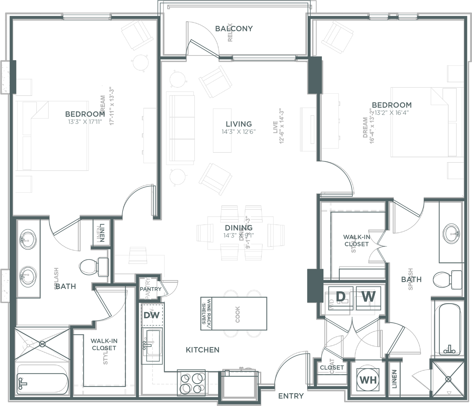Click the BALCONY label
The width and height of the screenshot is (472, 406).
click(x=234, y=29)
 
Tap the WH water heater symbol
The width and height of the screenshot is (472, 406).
click(x=368, y=380)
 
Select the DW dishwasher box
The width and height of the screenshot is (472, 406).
click(x=152, y=315)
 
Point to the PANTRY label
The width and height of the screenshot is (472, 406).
click(x=151, y=289)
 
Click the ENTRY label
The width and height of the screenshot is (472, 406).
click(x=291, y=396)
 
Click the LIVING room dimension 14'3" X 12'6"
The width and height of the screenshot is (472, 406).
click(x=238, y=132)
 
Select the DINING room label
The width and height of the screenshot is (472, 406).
click(x=238, y=228)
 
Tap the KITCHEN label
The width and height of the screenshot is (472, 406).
click(x=202, y=350)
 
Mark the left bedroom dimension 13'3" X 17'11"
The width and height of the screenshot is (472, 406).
click(x=85, y=122)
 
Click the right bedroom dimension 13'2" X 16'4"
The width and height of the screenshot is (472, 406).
click(x=391, y=113)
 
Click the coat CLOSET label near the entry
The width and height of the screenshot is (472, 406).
click(x=331, y=367)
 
